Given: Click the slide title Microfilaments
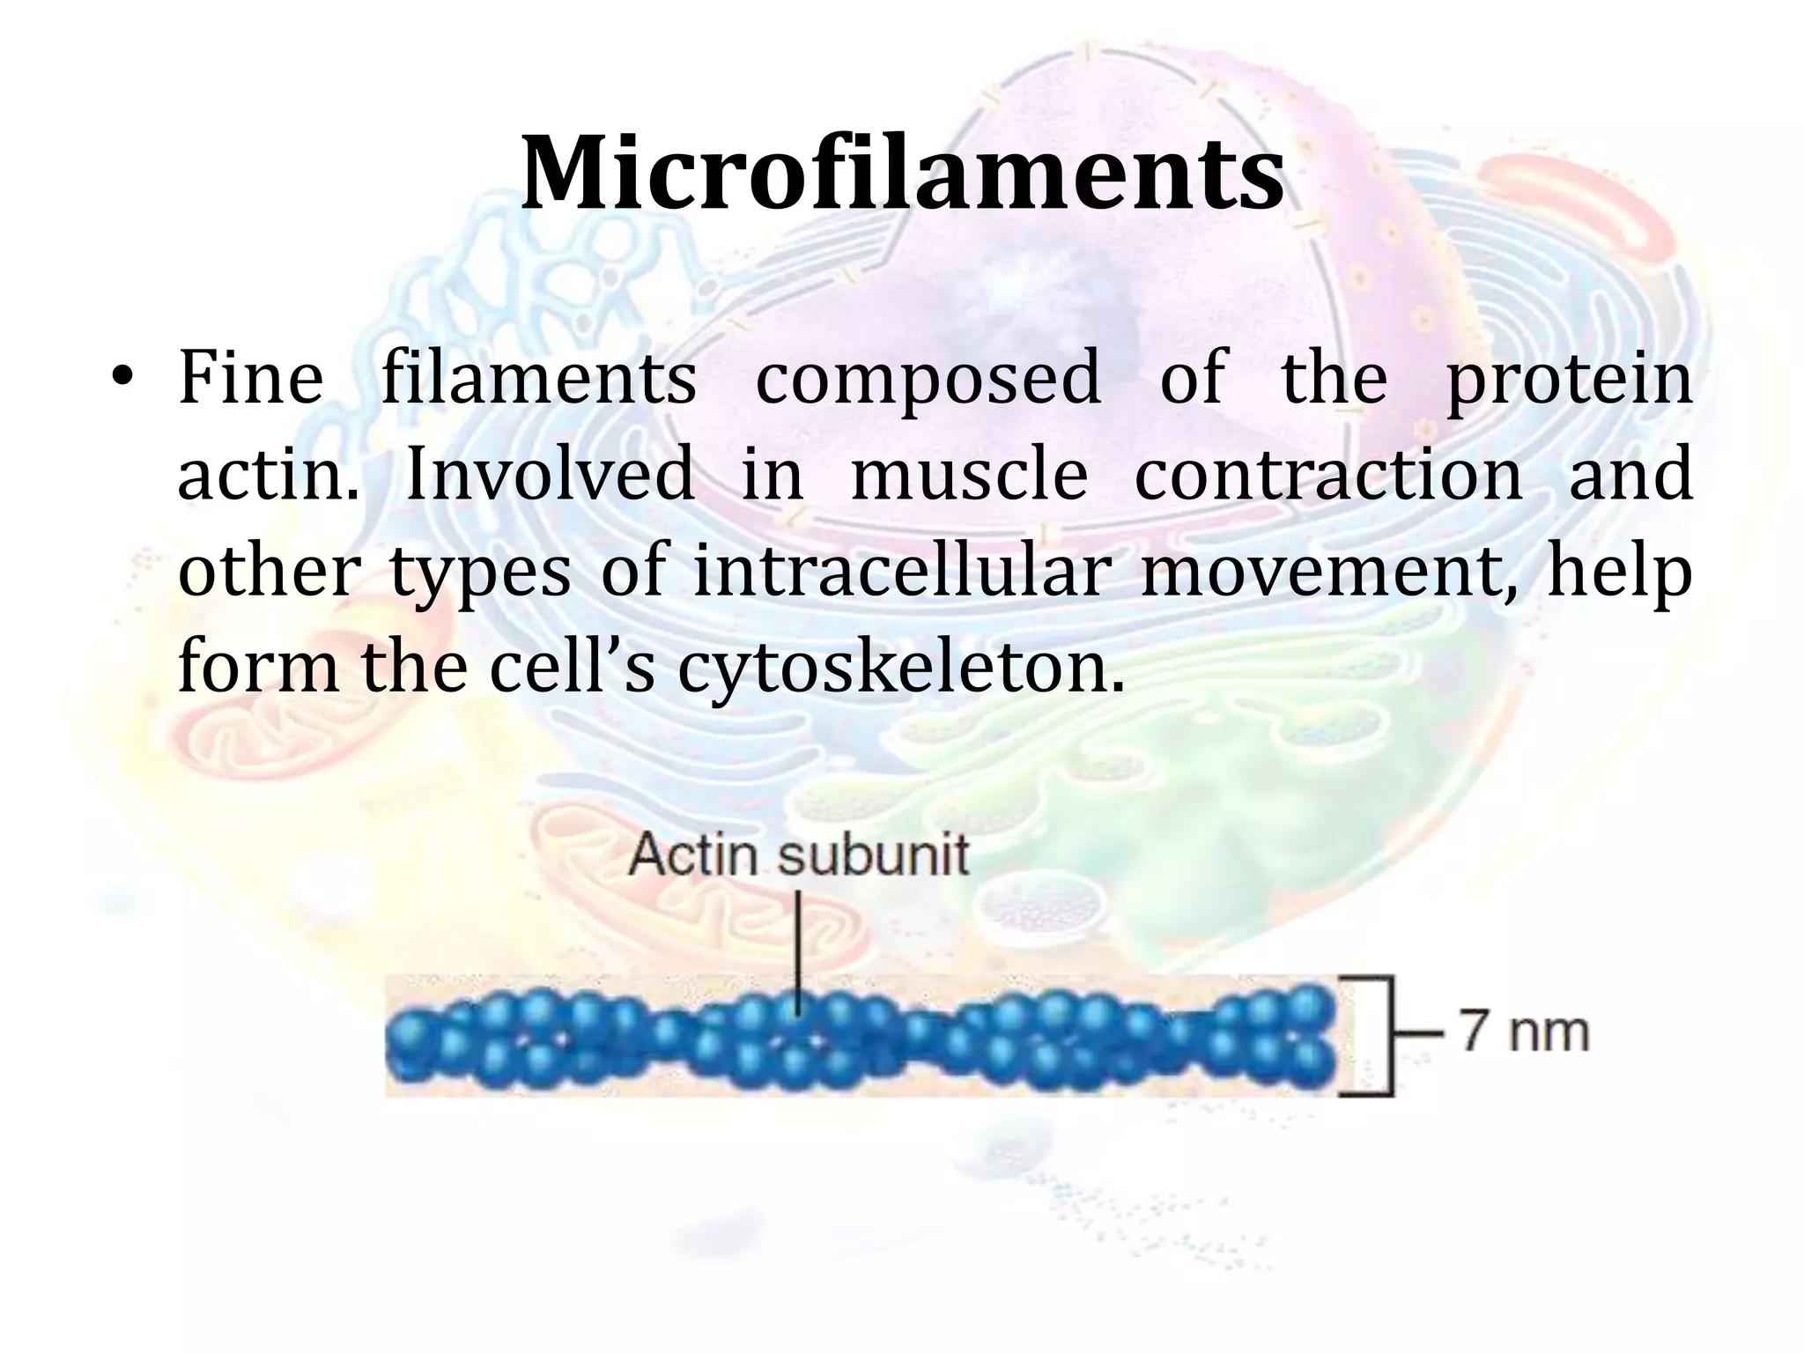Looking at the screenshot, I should tap(901, 174).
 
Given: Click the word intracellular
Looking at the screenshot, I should tap(898, 573).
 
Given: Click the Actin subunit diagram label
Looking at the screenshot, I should tap(799, 854).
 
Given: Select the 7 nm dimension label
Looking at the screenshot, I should tap(1526, 1031).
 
